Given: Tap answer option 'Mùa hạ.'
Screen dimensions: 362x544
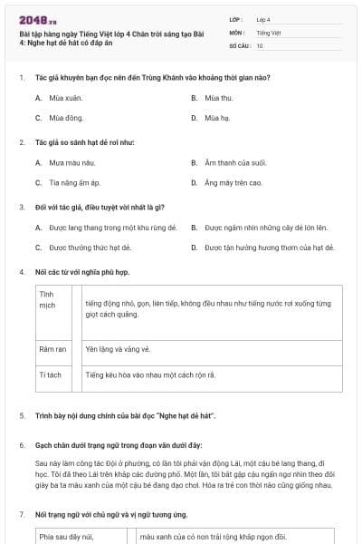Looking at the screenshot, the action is tap(216, 118).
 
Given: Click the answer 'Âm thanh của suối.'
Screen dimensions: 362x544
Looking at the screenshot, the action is tap(235, 162).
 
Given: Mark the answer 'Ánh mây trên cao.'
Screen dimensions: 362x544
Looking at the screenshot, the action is tap(233, 182).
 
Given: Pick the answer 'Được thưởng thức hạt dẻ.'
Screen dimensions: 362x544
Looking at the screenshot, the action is tap(90, 247).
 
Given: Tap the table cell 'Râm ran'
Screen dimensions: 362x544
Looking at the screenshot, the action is tap(52, 349).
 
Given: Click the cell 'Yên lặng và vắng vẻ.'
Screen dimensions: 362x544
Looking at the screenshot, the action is tap(118, 349).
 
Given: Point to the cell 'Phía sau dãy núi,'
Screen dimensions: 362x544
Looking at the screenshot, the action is tap(68, 536).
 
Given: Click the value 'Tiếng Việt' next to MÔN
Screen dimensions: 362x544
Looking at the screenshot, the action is tap(269, 33).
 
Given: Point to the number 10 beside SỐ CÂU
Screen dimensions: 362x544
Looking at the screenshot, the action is tap(260, 45).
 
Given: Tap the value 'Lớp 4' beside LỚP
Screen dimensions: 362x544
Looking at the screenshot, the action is tap(263, 19).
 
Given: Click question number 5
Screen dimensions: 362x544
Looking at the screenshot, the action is tap(22, 414).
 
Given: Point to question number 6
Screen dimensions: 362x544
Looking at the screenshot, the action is tap(22, 445).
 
